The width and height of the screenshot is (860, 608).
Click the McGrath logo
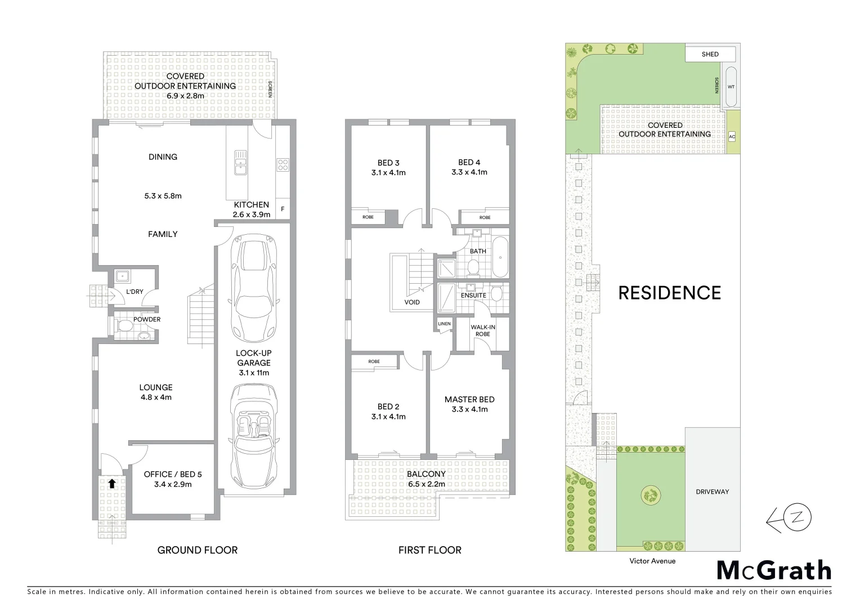774,570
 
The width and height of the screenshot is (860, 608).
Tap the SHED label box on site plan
710,54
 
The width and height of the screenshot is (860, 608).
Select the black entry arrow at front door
112,483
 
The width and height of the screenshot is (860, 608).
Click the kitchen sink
241,160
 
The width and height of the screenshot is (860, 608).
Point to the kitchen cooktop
283,165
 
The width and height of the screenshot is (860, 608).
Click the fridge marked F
283,209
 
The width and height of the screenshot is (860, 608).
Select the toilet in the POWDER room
124,325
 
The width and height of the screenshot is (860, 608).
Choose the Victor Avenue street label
652,561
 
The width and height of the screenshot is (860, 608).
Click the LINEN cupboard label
444,324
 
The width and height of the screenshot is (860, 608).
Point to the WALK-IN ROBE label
482,330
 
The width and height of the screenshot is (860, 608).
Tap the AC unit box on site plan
732,137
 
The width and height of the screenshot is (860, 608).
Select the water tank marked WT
731,87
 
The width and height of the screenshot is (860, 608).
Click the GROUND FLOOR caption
197,550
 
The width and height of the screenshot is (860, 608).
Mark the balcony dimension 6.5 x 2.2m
426,484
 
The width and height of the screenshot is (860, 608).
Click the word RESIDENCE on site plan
669,293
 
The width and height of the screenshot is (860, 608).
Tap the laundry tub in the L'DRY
122,276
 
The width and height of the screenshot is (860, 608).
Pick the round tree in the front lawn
650,495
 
